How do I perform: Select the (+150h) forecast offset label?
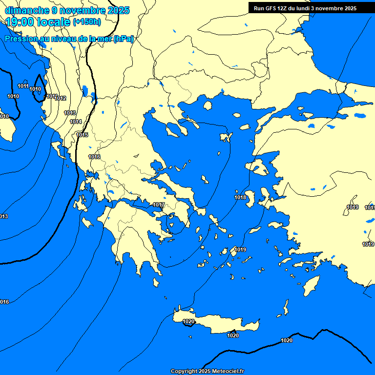click(87, 22)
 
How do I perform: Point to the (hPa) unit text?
click(123, 39)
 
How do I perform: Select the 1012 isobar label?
click(61, 99)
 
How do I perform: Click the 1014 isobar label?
click(76, 122)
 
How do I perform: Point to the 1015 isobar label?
click(82, 135)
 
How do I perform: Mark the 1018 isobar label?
click(240, 198)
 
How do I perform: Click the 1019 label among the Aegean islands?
click(240, 250)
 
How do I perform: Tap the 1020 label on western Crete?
click(188, 322)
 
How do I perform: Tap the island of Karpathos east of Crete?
click(286, 308)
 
